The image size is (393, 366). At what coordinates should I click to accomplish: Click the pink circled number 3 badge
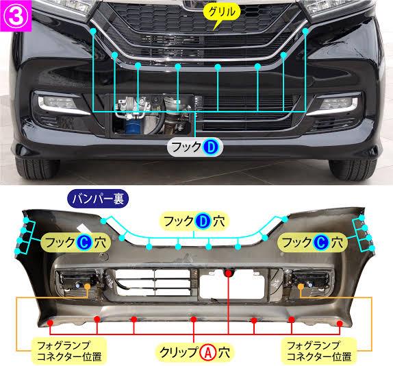point(16,16)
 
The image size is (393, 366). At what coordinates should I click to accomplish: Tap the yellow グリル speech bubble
point(222,12)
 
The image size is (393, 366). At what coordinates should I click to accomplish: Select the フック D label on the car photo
point(194,147)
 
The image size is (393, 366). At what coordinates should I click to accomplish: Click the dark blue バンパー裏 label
point(98,199)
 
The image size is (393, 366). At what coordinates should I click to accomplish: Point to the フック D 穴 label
point(194,221)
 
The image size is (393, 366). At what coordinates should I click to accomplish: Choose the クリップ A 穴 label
point(194,352)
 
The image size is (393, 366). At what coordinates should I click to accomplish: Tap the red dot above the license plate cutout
point(228,273)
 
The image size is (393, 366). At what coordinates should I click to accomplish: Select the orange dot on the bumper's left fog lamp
point(88,286)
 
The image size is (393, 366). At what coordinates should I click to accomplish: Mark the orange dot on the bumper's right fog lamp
point(301,286)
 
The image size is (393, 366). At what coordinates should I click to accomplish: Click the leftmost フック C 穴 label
point(76,243)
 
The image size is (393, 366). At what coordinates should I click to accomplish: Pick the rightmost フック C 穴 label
point(312,243)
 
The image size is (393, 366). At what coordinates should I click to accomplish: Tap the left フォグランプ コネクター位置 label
point(69,351)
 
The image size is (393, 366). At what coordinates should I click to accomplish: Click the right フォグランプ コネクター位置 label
point(319,351)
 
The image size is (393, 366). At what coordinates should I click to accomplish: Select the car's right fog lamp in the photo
point(338,103)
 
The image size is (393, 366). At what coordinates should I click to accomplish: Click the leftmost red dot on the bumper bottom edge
point(51,322)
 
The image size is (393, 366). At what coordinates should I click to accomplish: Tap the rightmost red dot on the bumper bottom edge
point(340,324)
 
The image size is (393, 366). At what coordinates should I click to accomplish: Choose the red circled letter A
point(208,352)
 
